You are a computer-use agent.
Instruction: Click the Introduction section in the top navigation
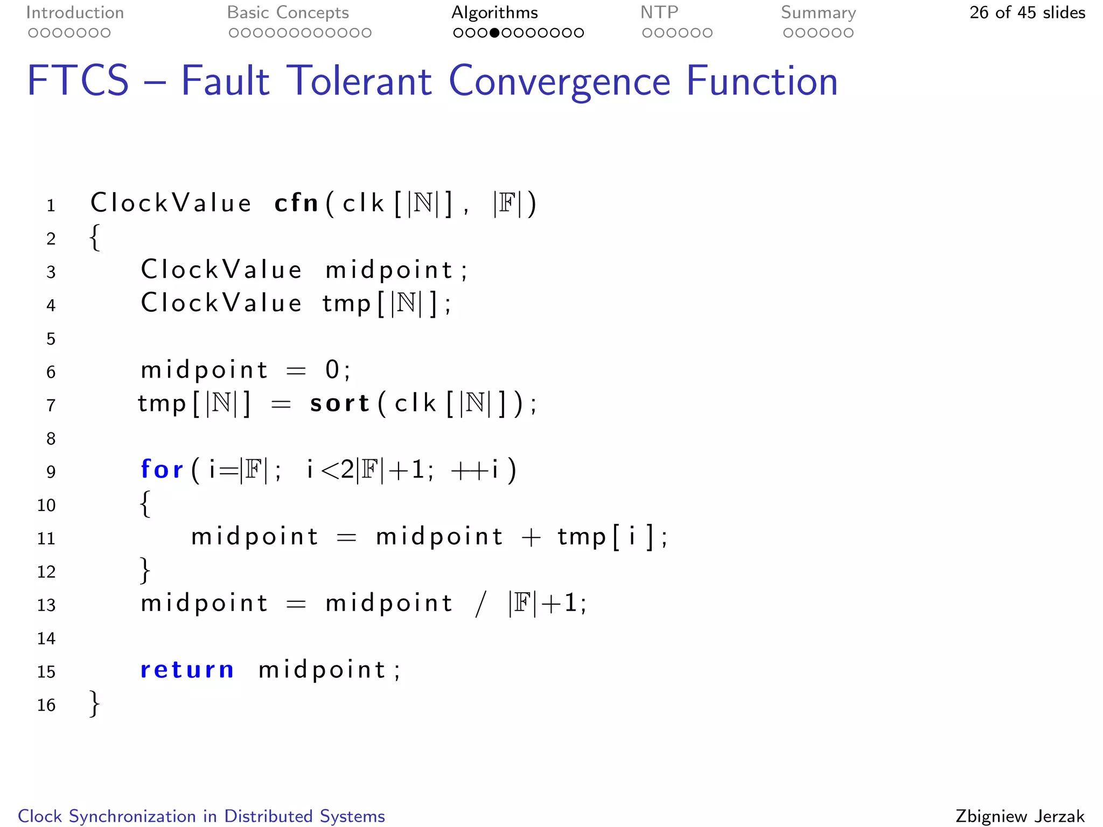point(75,12)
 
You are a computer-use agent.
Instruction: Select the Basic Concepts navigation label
point(288,12)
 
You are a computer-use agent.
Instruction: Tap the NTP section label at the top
point(659,12)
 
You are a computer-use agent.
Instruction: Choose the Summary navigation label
point(818,12)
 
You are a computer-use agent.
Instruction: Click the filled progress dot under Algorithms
point(494,33)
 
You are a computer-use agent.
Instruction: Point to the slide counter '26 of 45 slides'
point(1027,12)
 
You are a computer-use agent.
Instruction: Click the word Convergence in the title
point(559,81)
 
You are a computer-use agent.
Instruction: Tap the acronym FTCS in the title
point(78,81)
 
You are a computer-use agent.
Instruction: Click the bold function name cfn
point(296,203)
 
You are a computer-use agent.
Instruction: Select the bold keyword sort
point(339,403)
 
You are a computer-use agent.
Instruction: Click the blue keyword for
point(162,469)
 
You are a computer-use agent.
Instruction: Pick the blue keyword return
point(187,670)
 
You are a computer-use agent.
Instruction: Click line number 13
point(46,605)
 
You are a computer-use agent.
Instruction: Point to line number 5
point(51,339)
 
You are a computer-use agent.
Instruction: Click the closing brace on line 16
point(95,703)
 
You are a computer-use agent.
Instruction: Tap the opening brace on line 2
point(95,237)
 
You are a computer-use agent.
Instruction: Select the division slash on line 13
point(480,604)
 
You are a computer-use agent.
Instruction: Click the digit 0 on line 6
point(332,370)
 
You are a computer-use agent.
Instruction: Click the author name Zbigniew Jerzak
point(1020,816)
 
